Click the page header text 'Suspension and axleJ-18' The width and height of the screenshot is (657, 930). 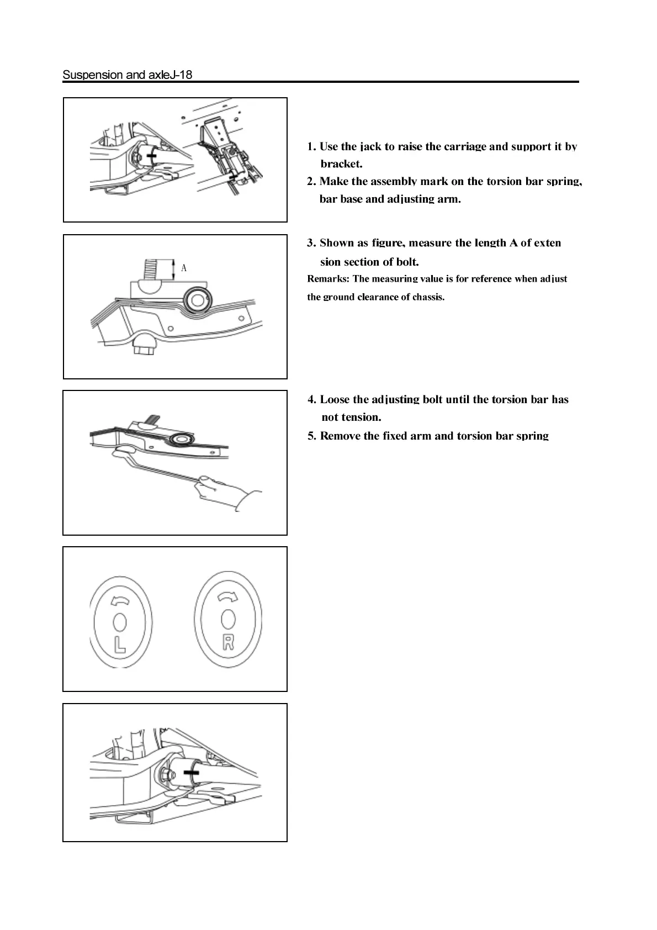(128, 75)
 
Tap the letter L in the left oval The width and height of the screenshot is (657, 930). (119, 644)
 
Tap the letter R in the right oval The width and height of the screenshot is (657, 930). (228, 642)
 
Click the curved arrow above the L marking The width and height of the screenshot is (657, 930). (119, 601)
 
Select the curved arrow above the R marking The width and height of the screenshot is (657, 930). (226, 596)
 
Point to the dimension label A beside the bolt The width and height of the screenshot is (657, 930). (184, 268)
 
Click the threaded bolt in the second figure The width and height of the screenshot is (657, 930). (151, 269)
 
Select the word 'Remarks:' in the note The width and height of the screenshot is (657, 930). (328, 279)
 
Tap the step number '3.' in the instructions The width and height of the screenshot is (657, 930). (312, 243)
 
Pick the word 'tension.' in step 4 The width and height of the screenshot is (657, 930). (359, 418)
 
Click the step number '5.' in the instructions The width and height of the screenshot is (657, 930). (312, 436)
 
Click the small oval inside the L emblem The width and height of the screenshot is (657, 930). (119, 623)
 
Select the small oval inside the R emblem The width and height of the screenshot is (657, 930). (227, 619)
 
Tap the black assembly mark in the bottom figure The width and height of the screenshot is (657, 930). (191, 772)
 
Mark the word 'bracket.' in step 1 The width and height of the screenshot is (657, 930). (341, 164)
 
